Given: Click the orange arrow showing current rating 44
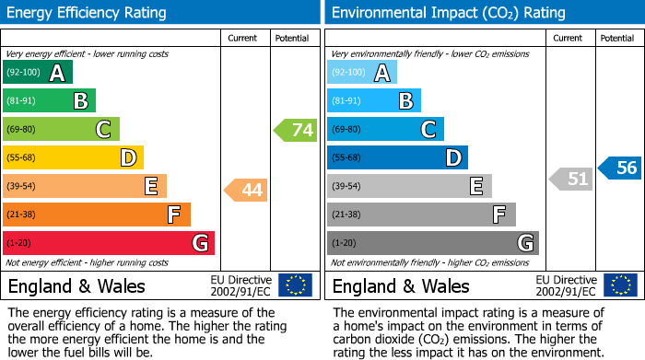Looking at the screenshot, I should coord(245,191).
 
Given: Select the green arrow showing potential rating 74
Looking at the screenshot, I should coord(295,130).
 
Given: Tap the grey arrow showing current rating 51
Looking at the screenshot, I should coord(570,179).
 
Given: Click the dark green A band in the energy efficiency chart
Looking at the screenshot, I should coord(37,73).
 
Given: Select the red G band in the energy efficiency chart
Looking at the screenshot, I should coord(108,243).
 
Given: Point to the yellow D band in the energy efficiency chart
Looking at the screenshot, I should coord(73,158).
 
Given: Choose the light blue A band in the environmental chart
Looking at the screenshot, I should coord(362,73).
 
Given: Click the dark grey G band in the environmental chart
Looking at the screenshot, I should coord(432,243).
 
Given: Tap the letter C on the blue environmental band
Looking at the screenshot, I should coord(428,130).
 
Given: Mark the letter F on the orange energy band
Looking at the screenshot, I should coord(173,215).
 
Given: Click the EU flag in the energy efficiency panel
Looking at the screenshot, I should coord(295,285).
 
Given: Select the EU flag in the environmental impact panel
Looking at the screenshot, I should coord(620,285).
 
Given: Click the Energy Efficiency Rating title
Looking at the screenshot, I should coord(87,13).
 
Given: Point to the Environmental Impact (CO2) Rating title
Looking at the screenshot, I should coord(448,13).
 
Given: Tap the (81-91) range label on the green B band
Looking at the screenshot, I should coord(20,101).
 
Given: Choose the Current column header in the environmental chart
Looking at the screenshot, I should coord(569,38).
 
